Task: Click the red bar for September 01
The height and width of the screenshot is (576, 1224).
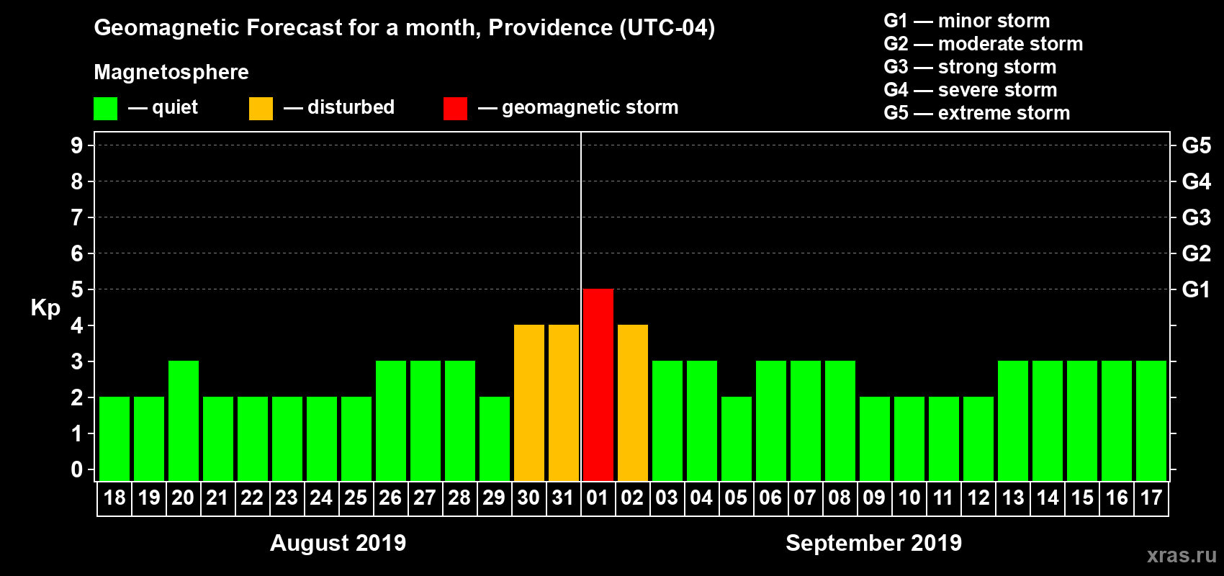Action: coord(598,384)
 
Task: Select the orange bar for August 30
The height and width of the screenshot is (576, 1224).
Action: coord(529,402)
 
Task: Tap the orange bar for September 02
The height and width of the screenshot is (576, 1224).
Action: coord(633,402)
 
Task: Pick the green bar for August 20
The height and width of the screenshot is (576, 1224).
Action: coord(184,420)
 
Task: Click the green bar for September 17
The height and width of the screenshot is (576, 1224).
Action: coord(1151,420)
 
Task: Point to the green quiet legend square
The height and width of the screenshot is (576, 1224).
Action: coord(106,109)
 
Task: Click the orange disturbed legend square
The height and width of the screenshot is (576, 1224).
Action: coord(261,109)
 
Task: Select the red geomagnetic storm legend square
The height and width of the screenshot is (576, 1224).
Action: coord(455,109)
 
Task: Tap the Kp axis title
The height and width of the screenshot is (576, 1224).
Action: coord(45,308)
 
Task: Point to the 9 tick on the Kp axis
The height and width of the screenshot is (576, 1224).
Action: coord(77,145)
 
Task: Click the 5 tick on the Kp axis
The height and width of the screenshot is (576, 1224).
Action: coord(77,289)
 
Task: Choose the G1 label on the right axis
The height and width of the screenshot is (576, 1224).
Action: coord(1196,289)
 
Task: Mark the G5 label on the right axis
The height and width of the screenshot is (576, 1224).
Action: coord(1196,145)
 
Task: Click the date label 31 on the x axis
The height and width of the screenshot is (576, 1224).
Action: coord(563,498)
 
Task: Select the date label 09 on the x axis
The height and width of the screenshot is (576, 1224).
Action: coord(874,498)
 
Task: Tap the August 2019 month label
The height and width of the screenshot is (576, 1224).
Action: coord(338,543)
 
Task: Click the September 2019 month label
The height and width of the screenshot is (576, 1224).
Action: coord(873,543)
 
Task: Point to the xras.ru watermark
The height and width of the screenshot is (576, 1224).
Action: coord(1182,555)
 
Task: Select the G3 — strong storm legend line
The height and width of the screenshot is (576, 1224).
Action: coord(970,67)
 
